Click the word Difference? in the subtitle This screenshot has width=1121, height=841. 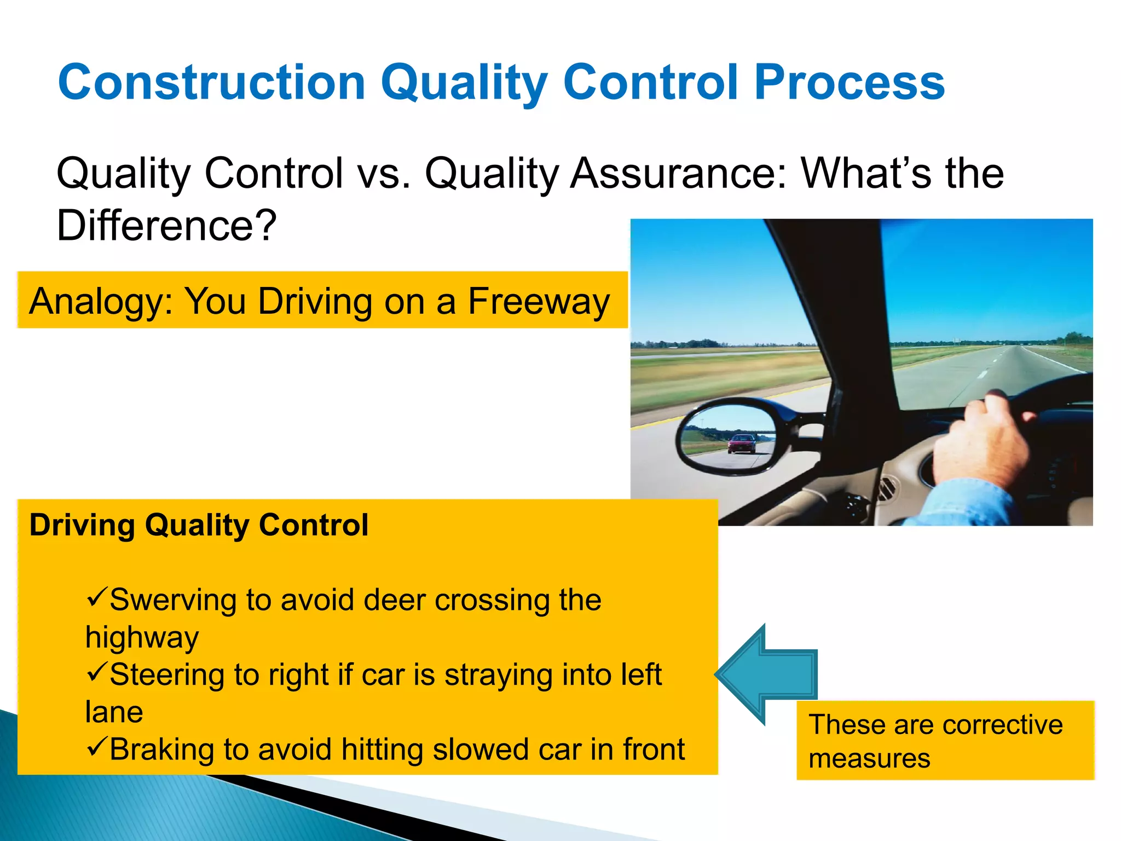tap(166, 225)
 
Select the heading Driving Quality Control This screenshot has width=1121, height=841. tap(198, 525)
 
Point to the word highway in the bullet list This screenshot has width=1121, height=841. tap(142, 638)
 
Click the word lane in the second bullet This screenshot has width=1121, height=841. tap(114, 712)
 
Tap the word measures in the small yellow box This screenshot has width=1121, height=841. tap(869, 759)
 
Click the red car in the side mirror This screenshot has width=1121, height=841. tap(742, 443)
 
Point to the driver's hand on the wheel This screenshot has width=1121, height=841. tap(980, 438)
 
